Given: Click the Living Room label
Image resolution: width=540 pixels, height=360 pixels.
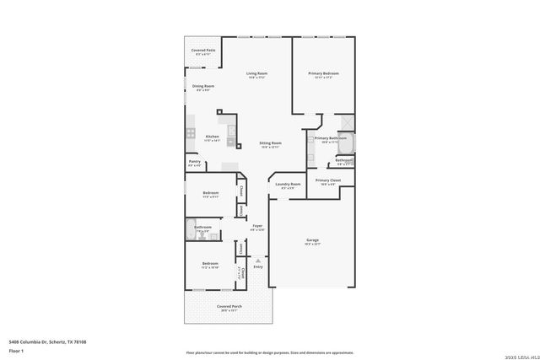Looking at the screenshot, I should point(256,73).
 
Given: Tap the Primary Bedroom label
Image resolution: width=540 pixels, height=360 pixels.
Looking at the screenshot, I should point(323,73).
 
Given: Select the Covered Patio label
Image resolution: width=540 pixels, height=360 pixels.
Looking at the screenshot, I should point(202,51).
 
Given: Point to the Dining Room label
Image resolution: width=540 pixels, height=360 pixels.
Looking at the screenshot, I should point(202,86).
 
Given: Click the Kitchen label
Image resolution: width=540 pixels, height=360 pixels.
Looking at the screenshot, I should point(213,137).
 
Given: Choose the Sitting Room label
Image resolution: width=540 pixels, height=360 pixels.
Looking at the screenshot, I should point(270,143).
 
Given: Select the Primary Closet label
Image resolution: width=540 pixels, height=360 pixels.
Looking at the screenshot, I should point(327,180).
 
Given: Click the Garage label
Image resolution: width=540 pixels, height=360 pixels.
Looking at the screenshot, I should point(311,241).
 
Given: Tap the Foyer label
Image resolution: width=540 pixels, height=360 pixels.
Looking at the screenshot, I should point(257,226).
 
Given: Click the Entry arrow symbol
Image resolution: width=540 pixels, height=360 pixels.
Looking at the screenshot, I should point(258,260).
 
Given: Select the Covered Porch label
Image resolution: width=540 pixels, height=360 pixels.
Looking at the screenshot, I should point(227,306).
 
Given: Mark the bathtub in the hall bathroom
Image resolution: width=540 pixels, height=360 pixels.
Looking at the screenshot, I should point(190,228).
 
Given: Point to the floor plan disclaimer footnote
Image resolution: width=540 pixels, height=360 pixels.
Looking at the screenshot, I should point(269,352).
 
